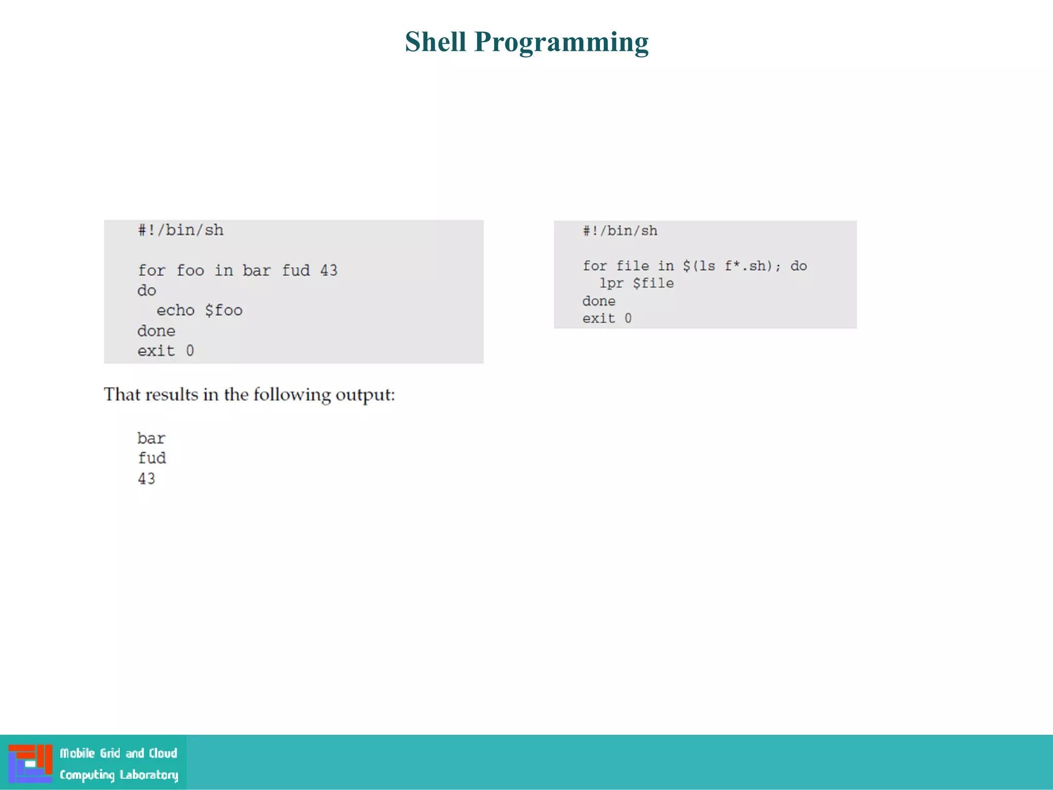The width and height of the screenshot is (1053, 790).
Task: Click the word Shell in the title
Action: (435, 42)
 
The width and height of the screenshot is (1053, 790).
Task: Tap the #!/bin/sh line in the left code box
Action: (180, 230)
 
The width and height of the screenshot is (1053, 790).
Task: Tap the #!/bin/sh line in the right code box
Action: (620, 231)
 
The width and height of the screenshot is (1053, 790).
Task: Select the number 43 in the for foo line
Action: (329, 271)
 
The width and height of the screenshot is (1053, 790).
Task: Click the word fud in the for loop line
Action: (296, 271)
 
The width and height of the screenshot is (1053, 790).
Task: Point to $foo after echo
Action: (224, 311)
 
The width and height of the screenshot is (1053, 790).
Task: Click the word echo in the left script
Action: (175, 311)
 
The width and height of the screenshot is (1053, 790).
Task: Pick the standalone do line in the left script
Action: (147, 291)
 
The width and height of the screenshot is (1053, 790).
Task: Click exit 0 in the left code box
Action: (166, 351)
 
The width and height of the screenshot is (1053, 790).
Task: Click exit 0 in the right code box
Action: (607, 318)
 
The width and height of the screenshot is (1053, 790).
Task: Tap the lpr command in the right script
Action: (611, 283)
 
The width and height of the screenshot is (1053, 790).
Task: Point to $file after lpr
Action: (653, 283)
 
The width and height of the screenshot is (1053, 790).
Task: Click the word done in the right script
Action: (598, 301)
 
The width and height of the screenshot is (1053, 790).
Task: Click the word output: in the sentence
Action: (365, 394)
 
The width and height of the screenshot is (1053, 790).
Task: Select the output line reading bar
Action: (151, 439)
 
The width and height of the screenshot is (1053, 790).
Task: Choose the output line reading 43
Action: (147, 479)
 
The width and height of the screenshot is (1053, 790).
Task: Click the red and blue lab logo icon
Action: (30, 763)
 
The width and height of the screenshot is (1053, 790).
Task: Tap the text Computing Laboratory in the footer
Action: (119, 775)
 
